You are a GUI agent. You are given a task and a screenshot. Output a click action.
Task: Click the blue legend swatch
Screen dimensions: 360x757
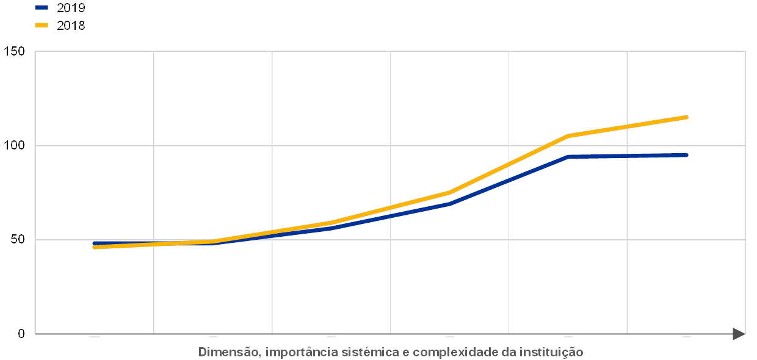coord(42,8)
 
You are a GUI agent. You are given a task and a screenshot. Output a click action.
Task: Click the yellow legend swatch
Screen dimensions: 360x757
coord(42,25)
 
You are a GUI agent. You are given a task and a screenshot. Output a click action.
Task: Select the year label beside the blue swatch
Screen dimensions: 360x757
coord(71,8)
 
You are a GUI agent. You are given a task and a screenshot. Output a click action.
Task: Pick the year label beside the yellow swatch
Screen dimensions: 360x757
coord(71,25)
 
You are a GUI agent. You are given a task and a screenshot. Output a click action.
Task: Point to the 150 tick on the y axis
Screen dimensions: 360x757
coord(15,52)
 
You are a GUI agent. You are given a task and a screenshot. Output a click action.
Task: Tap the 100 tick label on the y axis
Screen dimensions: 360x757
coord(15,145)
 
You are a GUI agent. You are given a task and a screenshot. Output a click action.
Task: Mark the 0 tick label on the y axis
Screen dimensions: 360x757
coord(22,333)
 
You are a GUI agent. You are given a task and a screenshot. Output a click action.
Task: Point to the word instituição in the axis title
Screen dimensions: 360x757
coord(552,352)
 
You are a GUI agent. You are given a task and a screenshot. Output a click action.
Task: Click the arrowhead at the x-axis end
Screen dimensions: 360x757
coord(739,334)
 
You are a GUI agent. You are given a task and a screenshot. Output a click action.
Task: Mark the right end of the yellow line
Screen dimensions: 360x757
coord(686,117)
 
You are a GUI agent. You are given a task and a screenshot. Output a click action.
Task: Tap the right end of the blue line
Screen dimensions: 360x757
coord(686,155)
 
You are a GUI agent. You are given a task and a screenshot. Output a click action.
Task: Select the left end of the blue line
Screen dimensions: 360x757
coord(94,243)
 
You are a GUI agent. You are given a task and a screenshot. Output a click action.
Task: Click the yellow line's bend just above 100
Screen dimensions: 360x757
coord(568,135)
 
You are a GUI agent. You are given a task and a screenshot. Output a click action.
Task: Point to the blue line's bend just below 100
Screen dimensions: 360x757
coord(568,157)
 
